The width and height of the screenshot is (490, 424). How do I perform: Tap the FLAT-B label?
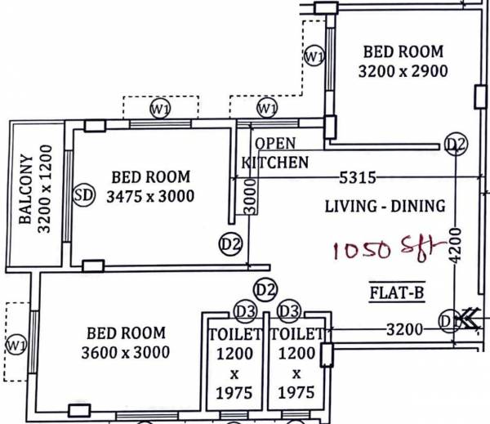pyautogui.click(x=396, y=290)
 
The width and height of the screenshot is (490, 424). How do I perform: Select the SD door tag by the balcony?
pyautogui.click(x=82, y=195)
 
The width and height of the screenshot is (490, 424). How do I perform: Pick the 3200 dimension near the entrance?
pyautogui.click(x=404, y=330)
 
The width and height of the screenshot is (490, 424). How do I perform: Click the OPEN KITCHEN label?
pyautogui.click(x=276, y=153)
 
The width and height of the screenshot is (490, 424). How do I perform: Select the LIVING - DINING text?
pyautogui.click(x=385, y=206)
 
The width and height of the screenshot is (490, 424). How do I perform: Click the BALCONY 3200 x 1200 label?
pyautogui.click(x=35, y=190)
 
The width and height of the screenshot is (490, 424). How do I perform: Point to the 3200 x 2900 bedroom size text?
pyautogui.click(x=403, y=71)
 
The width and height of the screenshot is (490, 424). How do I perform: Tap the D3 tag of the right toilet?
pyautogui.click(x=288, y=312)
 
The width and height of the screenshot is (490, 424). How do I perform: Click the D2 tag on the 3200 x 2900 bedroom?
pyautogui.click(x=456, y=145)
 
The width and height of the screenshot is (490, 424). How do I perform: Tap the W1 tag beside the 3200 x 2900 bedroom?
pyautogui.click(x=314, y=56)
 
